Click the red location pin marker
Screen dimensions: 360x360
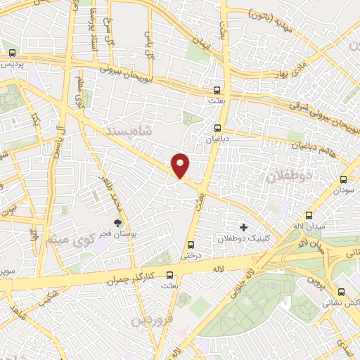click(x=181, y=165)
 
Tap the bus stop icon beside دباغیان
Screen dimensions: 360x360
click(x=218, y=128)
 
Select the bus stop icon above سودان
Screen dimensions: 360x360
click(x=343, y=179)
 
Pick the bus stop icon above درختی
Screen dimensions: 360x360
click(x=192, y=245)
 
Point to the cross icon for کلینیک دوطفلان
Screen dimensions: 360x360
click(x=244, y=227)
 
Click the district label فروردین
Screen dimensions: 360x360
click(x=150, y=321)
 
